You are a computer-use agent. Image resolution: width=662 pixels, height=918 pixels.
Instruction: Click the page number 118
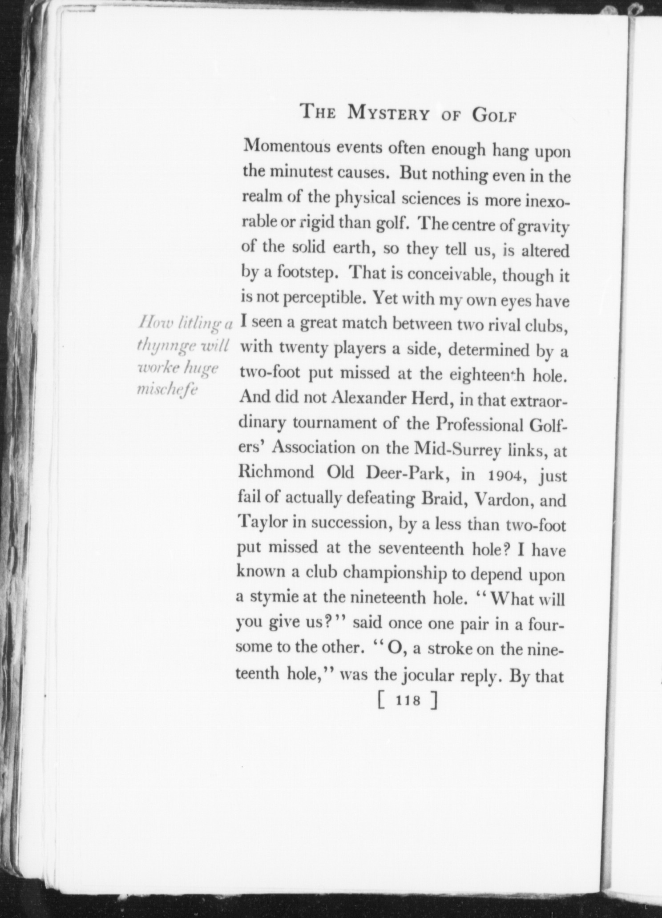(408, 701)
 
